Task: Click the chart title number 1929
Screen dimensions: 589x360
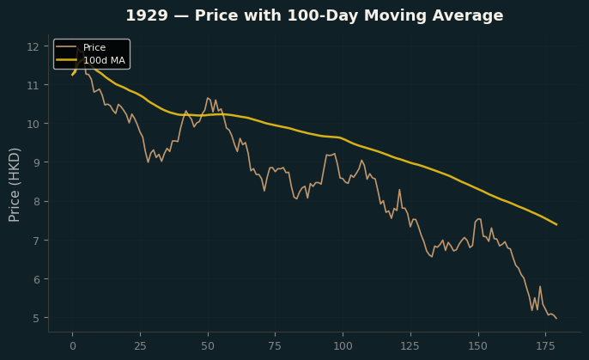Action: (147, 15)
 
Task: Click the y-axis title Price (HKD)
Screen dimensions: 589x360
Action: (14, 185)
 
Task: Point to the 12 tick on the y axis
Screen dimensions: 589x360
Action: (33, 46)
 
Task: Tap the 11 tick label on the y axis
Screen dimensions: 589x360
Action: (33, 85)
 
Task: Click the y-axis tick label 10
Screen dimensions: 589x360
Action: (33, 124)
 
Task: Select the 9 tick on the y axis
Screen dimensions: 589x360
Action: (36, 162)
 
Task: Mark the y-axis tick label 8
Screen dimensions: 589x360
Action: (36, 202)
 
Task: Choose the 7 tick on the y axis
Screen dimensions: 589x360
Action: (36, 241)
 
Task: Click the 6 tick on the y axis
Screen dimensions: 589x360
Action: (36, 279)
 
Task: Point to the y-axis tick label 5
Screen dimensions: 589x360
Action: (36, 318)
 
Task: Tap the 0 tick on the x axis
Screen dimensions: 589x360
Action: (73, 345)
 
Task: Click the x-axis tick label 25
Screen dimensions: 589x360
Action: (140, 345)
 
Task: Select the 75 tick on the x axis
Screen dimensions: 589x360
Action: (275, 345)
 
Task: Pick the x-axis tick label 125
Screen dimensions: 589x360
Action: (410, 345)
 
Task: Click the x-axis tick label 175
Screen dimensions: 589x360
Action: (545, 345)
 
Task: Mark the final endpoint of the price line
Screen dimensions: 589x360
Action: (556, 319)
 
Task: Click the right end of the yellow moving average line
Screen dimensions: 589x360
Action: (556, 225)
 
